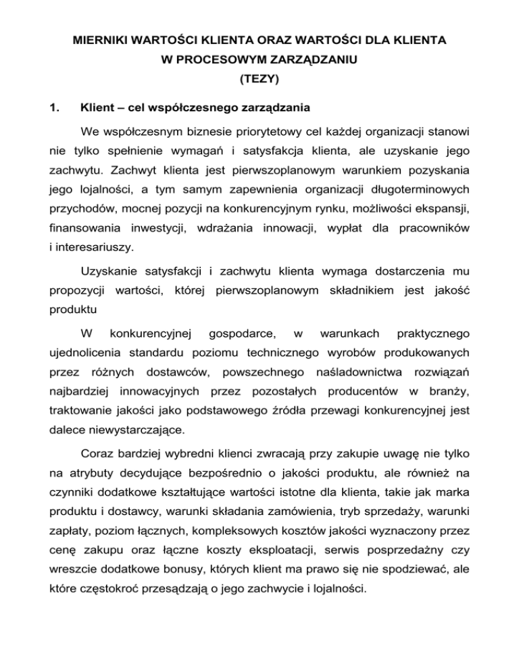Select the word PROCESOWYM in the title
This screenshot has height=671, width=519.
click(213, 60)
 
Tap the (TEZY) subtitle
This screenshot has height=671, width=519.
click(259, 78)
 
